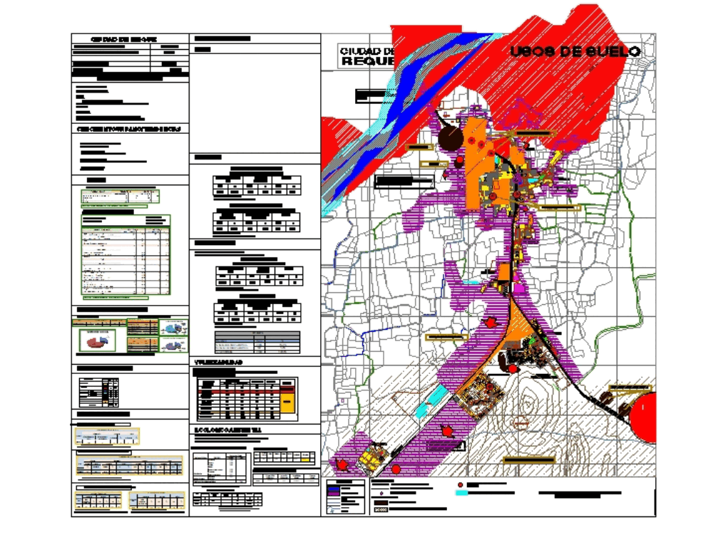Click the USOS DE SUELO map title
[575, 51]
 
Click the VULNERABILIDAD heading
[219, 363]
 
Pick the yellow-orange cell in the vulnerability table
[287, 403]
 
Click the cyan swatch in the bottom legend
[463, 492]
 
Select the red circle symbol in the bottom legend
[460, 484]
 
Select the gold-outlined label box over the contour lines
[528, 460]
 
